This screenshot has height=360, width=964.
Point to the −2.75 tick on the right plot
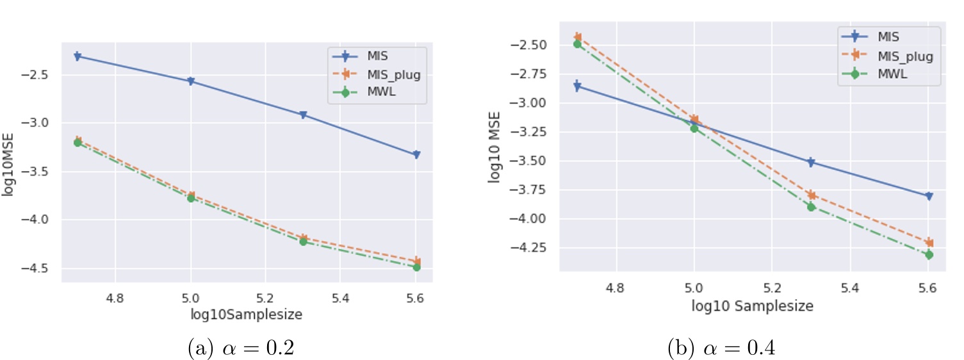[525, 74]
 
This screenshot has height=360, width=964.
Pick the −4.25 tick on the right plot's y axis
[525, 248]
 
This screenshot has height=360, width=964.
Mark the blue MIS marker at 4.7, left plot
[78, 56]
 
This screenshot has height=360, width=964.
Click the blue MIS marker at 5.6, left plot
[416, 154]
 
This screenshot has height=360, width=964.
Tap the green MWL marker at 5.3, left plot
[303, 241]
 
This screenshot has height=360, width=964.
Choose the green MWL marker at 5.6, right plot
[929, 255]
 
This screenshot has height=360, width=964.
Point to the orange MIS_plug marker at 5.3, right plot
[812, 195]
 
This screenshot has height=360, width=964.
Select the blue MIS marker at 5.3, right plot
[812, 163]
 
